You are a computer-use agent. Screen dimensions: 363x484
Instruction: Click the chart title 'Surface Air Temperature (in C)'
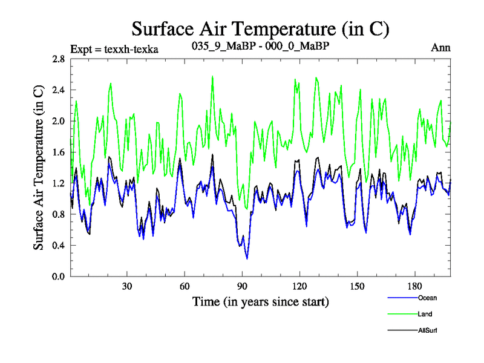pos(260,28)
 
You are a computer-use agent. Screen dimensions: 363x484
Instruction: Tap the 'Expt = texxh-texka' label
pos(114,49)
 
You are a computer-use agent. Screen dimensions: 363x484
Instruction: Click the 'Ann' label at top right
pos(440,48)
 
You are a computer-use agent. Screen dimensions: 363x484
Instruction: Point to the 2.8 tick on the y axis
pos(58,59)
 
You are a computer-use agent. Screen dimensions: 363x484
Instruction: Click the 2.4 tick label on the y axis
pos(58,90)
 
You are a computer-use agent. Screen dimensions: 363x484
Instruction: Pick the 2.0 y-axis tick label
pos(58,121)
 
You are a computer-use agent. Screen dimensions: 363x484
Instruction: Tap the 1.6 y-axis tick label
pos(58,152)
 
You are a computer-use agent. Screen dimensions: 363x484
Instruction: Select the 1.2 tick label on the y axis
pos(58,183)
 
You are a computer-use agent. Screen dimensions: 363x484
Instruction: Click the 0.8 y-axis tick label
pos(58,214)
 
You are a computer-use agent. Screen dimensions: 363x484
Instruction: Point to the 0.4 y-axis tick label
pos(58,246)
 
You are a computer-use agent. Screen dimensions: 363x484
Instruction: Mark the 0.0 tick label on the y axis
pos(58,276)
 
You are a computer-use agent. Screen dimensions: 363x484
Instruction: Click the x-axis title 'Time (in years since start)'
pos(261,301)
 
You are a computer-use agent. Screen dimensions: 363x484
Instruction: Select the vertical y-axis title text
pos(39,168)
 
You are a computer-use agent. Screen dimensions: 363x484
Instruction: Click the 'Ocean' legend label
pos(427,298)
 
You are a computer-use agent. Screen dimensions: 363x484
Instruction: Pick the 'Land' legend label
pos(425,314)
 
